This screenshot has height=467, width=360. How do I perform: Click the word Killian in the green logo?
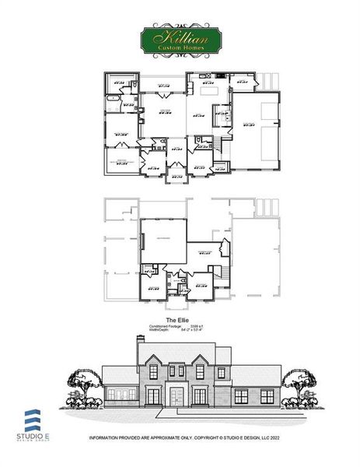179,37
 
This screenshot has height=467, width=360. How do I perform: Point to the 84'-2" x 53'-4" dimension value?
197,330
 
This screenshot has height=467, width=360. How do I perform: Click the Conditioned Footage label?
164,326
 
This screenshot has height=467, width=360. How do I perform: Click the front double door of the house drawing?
178,395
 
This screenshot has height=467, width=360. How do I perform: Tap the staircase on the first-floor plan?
224,145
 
